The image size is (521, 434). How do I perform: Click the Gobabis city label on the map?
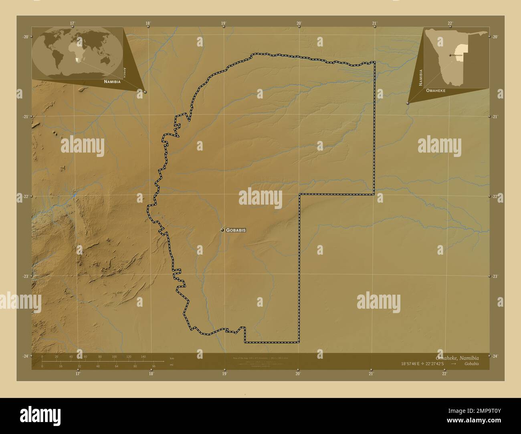point(236,230)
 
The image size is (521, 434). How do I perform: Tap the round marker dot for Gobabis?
point(222,230)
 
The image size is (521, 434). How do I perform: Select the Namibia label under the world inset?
point(112,81)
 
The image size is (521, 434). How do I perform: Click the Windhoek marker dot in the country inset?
point(450,54)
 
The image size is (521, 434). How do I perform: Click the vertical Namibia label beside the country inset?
point(421,78)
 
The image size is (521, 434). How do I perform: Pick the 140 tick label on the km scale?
point(143,356)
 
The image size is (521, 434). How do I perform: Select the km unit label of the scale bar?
point(172,358)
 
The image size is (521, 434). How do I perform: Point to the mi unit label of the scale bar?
point(172,365)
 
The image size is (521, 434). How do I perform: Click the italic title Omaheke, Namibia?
point(457,358)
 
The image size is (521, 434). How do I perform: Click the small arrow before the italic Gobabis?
point(453,364)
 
